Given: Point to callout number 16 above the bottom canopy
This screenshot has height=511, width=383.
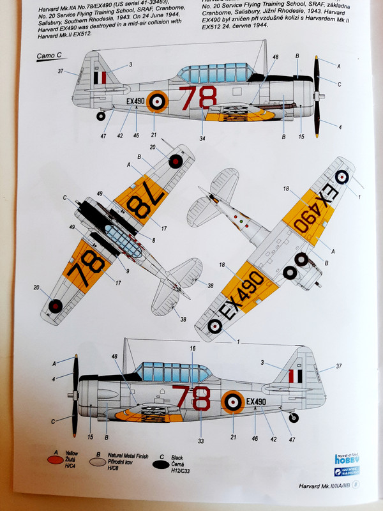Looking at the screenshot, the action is pos(192,349).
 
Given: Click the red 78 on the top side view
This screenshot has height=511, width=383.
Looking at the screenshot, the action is pos(193,99).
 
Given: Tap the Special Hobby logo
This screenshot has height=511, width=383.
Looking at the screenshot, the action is pos(347,458).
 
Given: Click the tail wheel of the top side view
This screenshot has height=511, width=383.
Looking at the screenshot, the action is pos(101,116).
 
